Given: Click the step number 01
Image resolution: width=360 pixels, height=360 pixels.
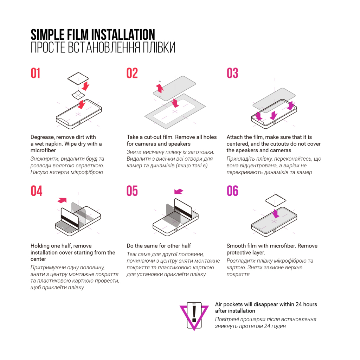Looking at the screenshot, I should (x=36, y=73).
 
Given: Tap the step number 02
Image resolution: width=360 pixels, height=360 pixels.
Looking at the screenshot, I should (x=132, y=73).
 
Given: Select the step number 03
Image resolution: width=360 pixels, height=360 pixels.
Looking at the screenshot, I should (x=232, y=73).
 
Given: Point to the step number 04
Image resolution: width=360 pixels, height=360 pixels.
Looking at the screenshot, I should (x=36, y=191).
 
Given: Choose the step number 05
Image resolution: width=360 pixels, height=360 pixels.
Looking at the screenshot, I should (x=132, y=191).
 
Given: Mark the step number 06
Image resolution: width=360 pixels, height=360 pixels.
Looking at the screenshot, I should (x=232, y=191).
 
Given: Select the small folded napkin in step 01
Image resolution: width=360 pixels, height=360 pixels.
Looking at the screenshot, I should (x=78, y=95).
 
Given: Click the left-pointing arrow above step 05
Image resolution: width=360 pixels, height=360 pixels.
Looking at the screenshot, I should (x=179, y=191).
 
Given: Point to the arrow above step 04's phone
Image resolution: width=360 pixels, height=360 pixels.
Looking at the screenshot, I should (x=62, y=200).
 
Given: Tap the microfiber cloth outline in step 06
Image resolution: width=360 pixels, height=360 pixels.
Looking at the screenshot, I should (x=276, y=201).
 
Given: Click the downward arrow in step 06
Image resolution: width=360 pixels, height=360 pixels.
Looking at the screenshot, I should (x=275, y=213).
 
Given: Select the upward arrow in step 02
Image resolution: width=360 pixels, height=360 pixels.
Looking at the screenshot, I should (x=160, y=87).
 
